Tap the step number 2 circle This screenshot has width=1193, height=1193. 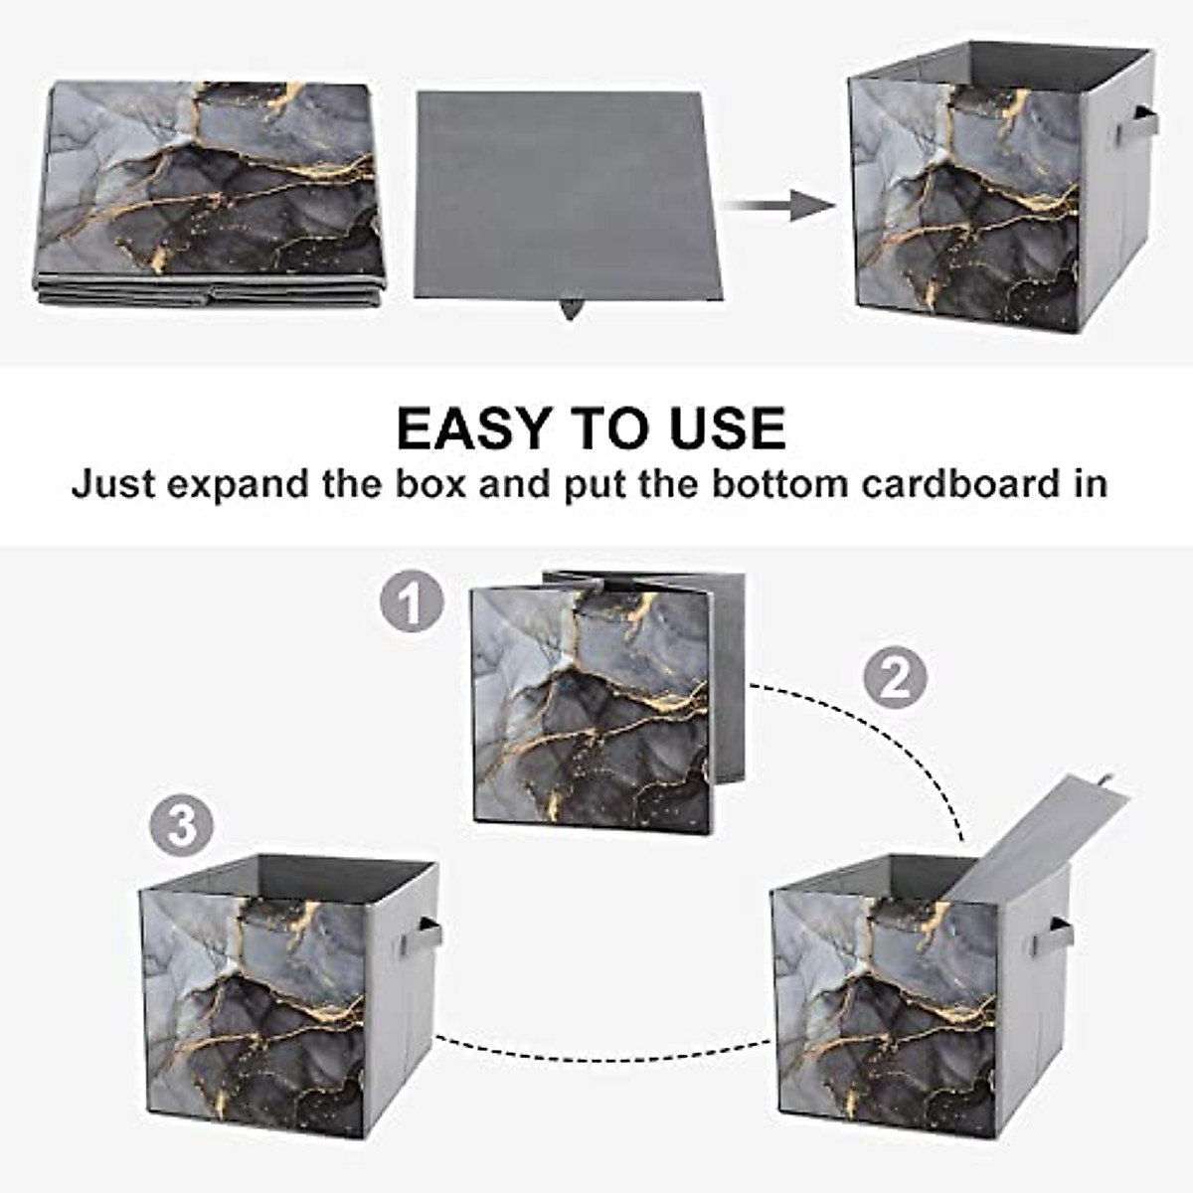[x=894, y=678]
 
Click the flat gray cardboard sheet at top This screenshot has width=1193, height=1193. [x=567, y=194]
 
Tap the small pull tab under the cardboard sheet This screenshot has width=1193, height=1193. [x=570, y=310]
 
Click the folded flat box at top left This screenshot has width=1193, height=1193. [x=211, y=194]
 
